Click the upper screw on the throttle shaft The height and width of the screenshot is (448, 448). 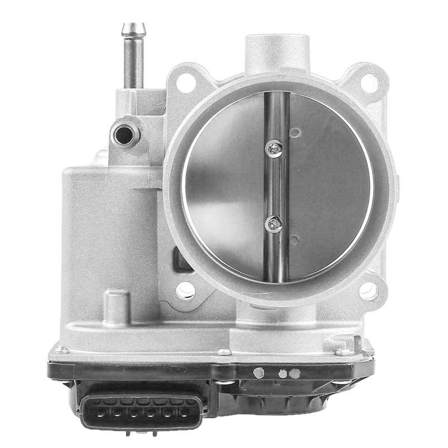pos(274,148)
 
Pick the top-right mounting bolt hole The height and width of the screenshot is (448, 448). pos(368,83)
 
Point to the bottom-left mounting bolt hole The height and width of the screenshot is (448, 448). pos(185,290)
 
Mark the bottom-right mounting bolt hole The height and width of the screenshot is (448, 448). pos(368,290)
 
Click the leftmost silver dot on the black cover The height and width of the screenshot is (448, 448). pos(258,372)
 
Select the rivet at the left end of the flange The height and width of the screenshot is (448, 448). pos(63,351)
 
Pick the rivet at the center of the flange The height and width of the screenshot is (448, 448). pos(224,352)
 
